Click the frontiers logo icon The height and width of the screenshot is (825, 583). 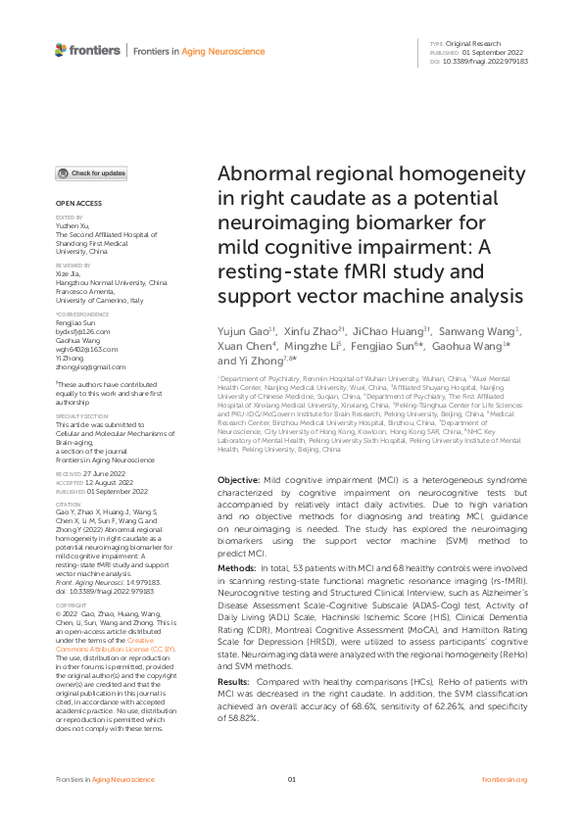click(62, 49)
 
